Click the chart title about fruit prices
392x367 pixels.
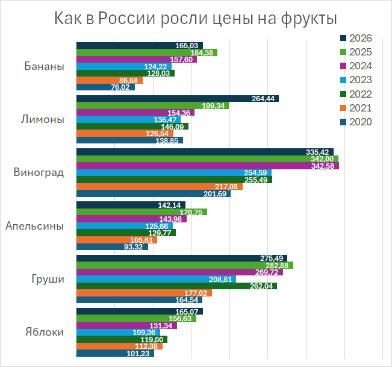[x=195, y=19]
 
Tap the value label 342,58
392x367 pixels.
[x=323, y=166]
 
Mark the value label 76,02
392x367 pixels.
[x=120, y=87]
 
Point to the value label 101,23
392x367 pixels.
[x=140, y=354]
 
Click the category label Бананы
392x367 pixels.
[x=45, y=66]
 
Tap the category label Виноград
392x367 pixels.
[x=39, y=172]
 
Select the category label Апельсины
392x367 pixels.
[x=35, y=226]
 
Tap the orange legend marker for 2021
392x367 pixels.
[x=343, y=108]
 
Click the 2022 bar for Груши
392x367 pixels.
[x=175, y=286]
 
